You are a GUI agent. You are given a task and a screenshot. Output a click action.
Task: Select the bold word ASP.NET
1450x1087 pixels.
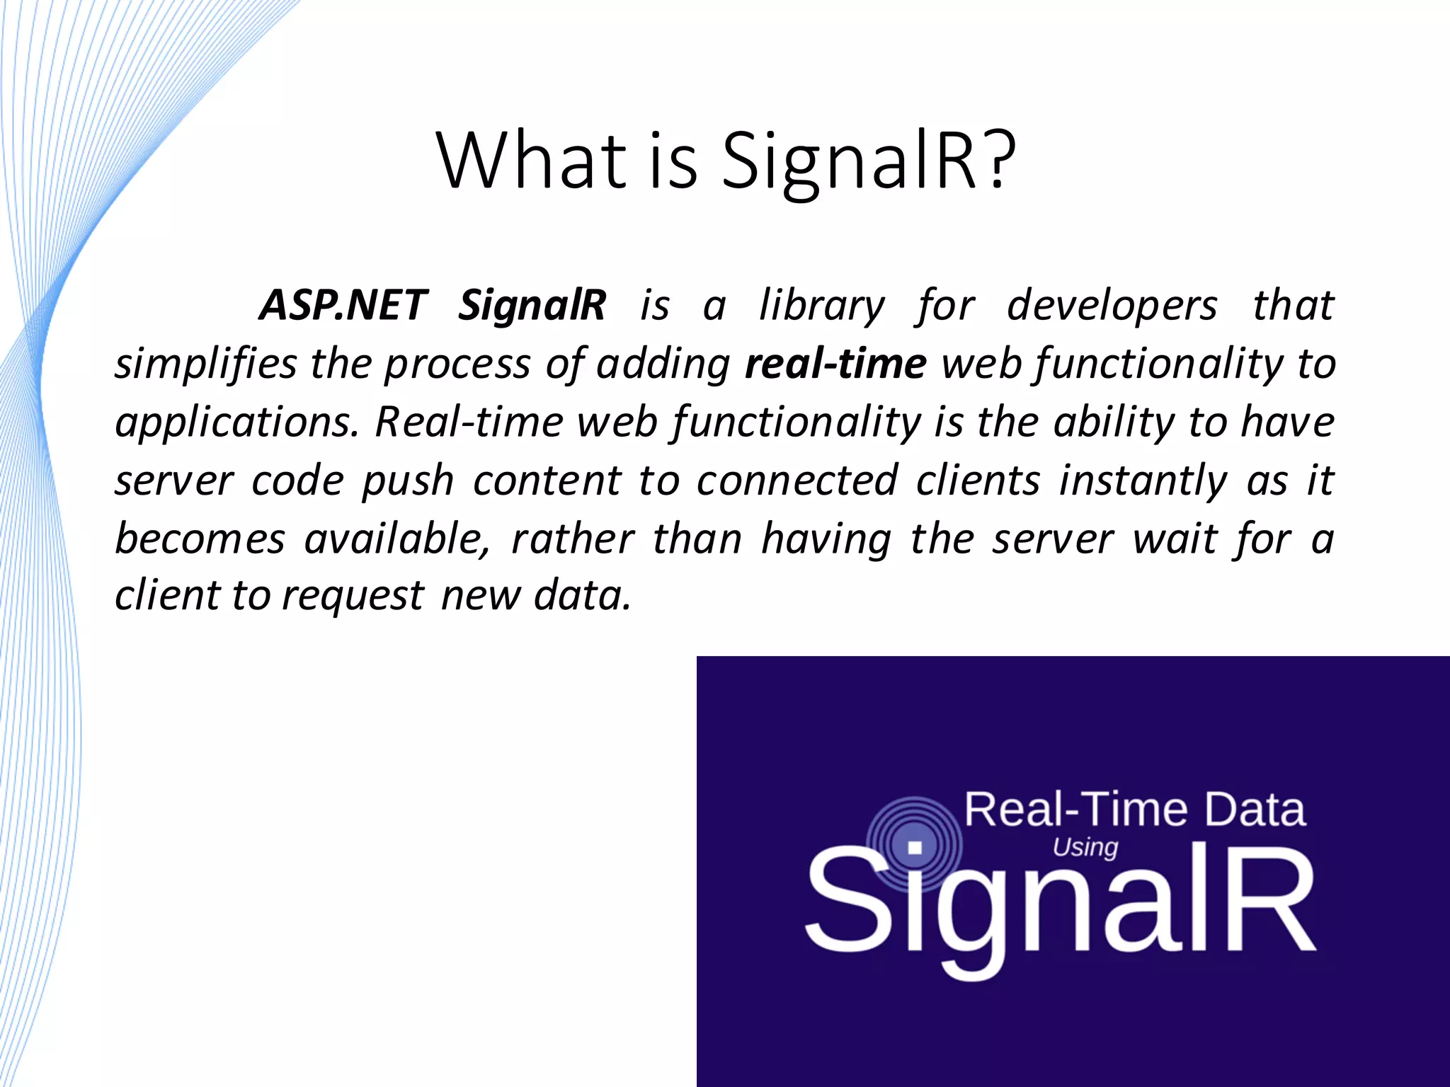point(343,305)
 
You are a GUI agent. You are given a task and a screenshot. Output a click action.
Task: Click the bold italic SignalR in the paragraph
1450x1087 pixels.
point(532,306)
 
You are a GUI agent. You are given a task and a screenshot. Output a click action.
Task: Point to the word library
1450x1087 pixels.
point(821,306)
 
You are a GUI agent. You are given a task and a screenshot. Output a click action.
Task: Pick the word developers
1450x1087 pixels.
point(1112,306)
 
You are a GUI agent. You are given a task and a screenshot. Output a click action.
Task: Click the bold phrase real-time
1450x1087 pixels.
point(835,364)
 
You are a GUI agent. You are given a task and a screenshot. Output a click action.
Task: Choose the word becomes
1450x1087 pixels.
point(200,539)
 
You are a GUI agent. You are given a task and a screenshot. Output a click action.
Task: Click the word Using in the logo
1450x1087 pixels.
point(1085,847)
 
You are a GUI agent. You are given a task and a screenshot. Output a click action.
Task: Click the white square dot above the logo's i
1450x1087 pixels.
point(915,847)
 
